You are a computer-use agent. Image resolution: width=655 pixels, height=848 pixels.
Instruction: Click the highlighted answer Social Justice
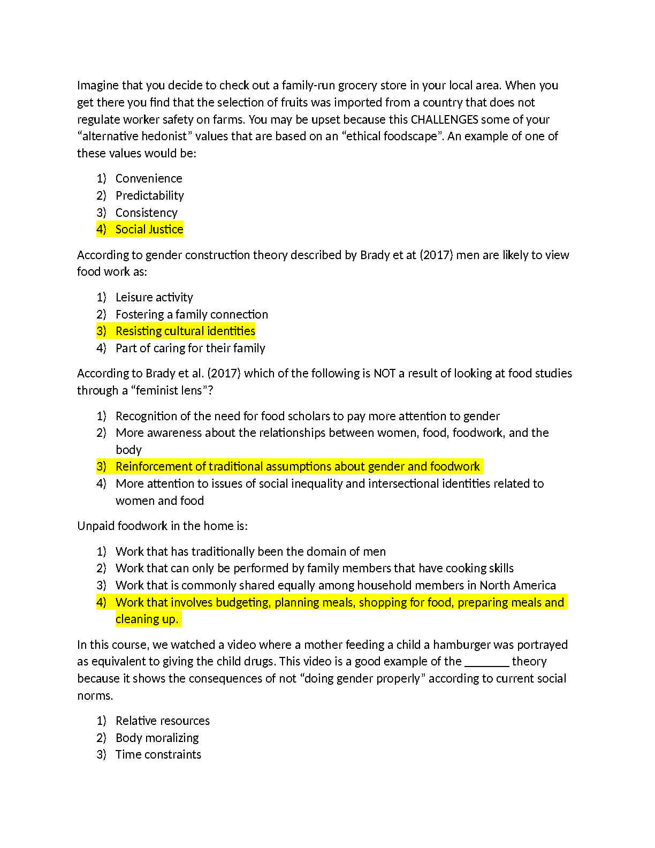tap(149, 229)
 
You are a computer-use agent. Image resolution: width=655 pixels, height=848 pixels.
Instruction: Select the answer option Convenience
tap(149, 178)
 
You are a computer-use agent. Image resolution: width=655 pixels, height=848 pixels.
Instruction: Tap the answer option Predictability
tap(149, 195)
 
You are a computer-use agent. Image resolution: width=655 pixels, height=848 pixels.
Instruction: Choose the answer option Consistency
tap(146, 213)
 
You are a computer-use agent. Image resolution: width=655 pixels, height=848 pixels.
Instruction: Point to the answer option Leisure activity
tap(154, 297)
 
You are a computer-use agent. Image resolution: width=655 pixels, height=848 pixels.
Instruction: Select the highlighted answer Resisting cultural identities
tap(185, 331)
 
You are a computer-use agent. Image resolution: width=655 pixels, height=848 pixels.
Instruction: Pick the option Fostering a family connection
tap(192, 314)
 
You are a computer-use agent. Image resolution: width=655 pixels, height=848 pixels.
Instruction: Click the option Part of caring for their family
tap(190, 348)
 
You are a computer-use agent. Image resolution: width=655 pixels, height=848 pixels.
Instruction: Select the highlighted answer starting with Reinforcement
tap(298, 466)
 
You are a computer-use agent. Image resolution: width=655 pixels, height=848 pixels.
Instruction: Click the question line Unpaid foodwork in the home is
tap(162, 526)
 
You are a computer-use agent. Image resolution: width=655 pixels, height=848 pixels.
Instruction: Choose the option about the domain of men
tap(250, 551)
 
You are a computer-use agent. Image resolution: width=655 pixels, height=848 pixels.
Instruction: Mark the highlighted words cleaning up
tap(147, 619)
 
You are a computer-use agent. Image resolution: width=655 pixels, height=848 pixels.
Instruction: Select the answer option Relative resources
tap(162, 721)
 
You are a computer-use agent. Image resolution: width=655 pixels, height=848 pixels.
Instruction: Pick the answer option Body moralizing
tap(157, 738)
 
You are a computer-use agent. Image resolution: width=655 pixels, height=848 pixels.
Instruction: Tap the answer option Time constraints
tap(158, 754)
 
